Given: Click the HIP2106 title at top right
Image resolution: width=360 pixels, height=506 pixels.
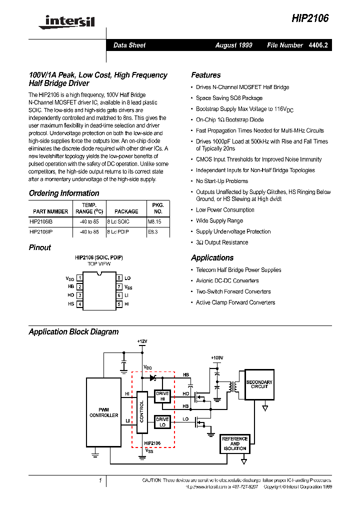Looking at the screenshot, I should tap(310, 18).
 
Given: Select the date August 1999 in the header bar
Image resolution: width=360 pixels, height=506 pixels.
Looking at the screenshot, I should tap(233, 45).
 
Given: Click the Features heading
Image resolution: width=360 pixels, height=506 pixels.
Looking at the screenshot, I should tap(205, 75).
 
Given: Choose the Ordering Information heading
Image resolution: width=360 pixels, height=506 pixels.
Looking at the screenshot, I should tap(64, 193).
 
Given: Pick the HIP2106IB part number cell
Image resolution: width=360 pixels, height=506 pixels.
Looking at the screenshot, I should tap(41, 221).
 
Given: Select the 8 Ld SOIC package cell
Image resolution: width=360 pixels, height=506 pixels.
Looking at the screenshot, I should tap(118, 221).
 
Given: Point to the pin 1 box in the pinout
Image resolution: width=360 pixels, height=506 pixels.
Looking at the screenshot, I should tap(79, 277).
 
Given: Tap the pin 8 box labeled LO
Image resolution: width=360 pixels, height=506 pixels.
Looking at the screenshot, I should tap(119, 277).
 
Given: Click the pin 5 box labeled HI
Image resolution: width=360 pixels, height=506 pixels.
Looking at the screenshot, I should tap(119, 304).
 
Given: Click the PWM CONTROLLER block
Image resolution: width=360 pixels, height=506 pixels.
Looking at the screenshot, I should tap(103, 412).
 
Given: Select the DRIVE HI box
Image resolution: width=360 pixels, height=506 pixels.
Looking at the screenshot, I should tap(162, 396).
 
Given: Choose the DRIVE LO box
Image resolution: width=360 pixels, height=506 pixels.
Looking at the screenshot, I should tap(162, 422).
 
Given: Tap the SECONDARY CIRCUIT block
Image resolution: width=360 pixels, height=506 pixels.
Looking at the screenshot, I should tap(259, 384).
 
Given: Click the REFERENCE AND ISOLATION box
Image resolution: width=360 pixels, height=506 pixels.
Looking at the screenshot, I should tap(234, 443).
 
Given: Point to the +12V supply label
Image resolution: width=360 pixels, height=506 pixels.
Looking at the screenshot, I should tap(142, 341).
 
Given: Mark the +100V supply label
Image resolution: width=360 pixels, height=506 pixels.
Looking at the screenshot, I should tap(216, 358).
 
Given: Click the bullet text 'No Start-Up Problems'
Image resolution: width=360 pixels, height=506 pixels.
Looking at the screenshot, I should tap(221, 181).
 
